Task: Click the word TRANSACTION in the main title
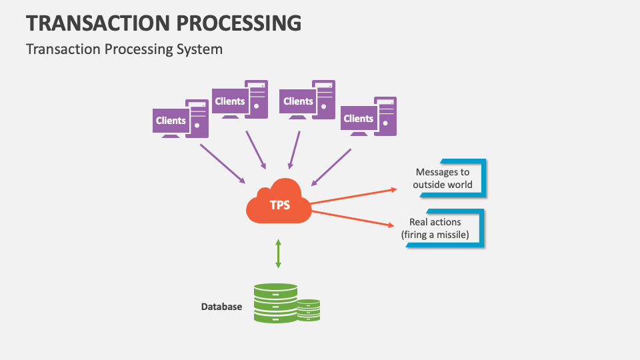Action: click(x=99, y=23)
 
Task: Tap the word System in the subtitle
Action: click(x=199, y=49)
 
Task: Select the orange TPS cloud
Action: click(x=279, y=201)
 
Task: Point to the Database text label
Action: click(x=221, y=307)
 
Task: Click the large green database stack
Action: click(x=275, y=303)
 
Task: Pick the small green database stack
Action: click(x=309, y=310)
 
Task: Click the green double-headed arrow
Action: click(x=279, y=253)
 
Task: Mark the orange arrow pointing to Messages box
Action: click(x=353, y=196)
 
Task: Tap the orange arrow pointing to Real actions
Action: click(x=353, y=219)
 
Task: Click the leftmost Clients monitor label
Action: click(x=171, y=121)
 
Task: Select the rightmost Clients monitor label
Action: click(x=359, y=119)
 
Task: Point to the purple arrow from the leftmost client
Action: click(x=223, y=164)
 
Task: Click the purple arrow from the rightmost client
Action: click(x=331, y=167)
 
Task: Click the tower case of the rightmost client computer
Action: click(x=386, y=116)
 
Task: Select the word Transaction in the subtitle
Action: click(x=63, y=49)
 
